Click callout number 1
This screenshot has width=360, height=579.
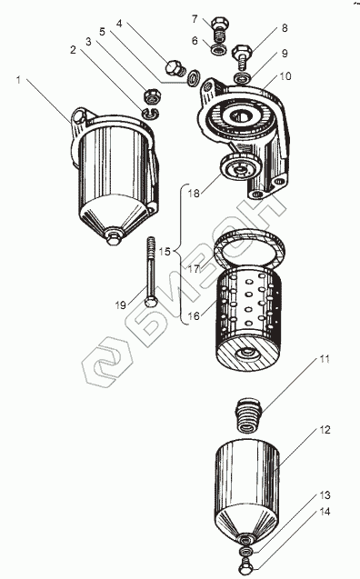18,80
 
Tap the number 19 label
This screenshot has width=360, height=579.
120,305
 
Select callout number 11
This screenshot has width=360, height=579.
325,359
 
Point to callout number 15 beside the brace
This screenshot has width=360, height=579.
165,252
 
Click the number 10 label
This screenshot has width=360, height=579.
285,76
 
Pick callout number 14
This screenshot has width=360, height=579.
325,512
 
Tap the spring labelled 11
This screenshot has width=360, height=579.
249,414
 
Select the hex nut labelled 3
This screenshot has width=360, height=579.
152,96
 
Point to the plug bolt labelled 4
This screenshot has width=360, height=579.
174,68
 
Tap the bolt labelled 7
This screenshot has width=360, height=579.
220,27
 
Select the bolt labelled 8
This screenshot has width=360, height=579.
242,56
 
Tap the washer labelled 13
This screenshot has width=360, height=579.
245,552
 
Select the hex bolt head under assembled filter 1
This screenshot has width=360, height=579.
113,237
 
